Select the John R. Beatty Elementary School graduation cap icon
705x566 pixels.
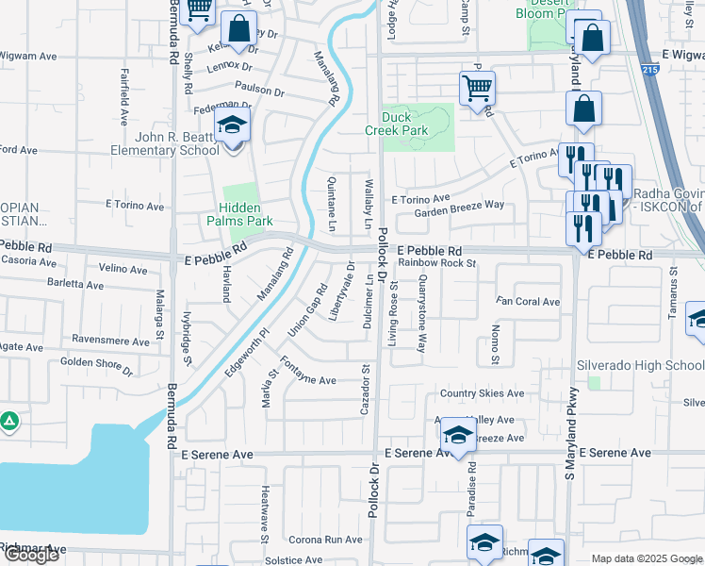point(231,126)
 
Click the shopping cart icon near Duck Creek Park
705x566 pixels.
point(477,89)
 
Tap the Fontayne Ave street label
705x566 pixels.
point(307,380)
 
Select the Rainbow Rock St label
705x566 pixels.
point(436,264)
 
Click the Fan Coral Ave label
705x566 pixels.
point(529,302)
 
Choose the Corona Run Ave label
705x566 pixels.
point(325,540)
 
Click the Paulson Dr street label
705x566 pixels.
point(260,91)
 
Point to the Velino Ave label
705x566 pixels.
point(123,269)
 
